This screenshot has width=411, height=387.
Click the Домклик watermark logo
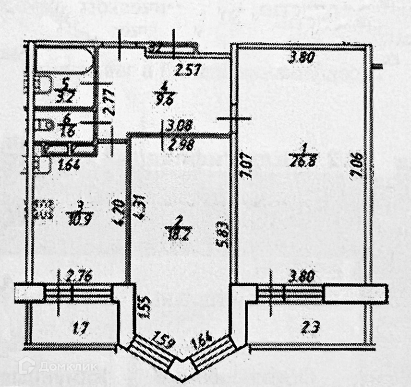point(57,366)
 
